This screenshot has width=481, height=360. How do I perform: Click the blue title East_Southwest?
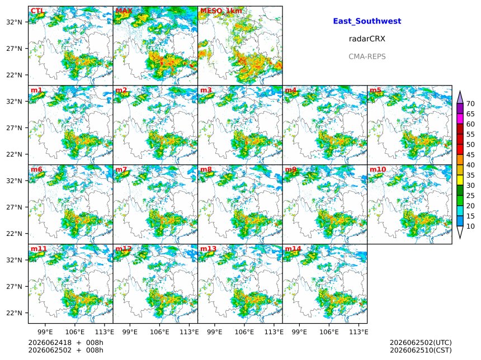(x=367, y=21)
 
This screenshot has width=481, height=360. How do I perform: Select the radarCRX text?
(x=367, y=39)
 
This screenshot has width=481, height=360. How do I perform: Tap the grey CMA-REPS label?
(x=367, y=56)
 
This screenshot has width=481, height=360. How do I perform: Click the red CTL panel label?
(x=37, y=11)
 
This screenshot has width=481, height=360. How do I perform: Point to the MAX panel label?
(x=124, y=11)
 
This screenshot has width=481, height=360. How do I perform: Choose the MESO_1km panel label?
(x=221, y=11)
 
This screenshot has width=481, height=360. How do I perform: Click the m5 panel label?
(x=375, y=90)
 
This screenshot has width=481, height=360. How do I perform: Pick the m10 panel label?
(x=378, y=169)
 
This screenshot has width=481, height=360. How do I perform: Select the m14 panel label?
(x=293, y=248)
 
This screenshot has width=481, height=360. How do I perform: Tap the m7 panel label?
(x=121, y=169)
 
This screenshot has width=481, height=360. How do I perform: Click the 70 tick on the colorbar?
(x=470, y=103)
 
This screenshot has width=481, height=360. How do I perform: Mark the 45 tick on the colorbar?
(x=470, y=155)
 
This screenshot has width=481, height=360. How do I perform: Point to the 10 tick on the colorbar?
(x=470, y=226)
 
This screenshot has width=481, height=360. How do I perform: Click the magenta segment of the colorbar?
(x=460, y=119)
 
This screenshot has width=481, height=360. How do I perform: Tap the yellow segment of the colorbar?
(x=460, y=181)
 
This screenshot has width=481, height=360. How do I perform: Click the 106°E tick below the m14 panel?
(x=329, y=332)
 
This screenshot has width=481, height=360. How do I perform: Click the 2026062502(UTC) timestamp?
(x=421, y=343)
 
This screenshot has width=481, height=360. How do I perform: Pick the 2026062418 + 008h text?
(x=65, y=343)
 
